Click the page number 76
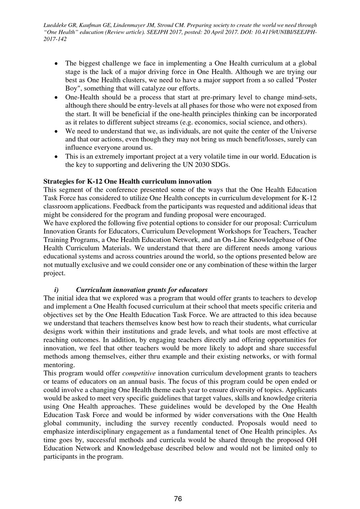178,499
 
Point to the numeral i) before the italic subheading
56,289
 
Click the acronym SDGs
221,165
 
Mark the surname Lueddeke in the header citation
56,25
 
